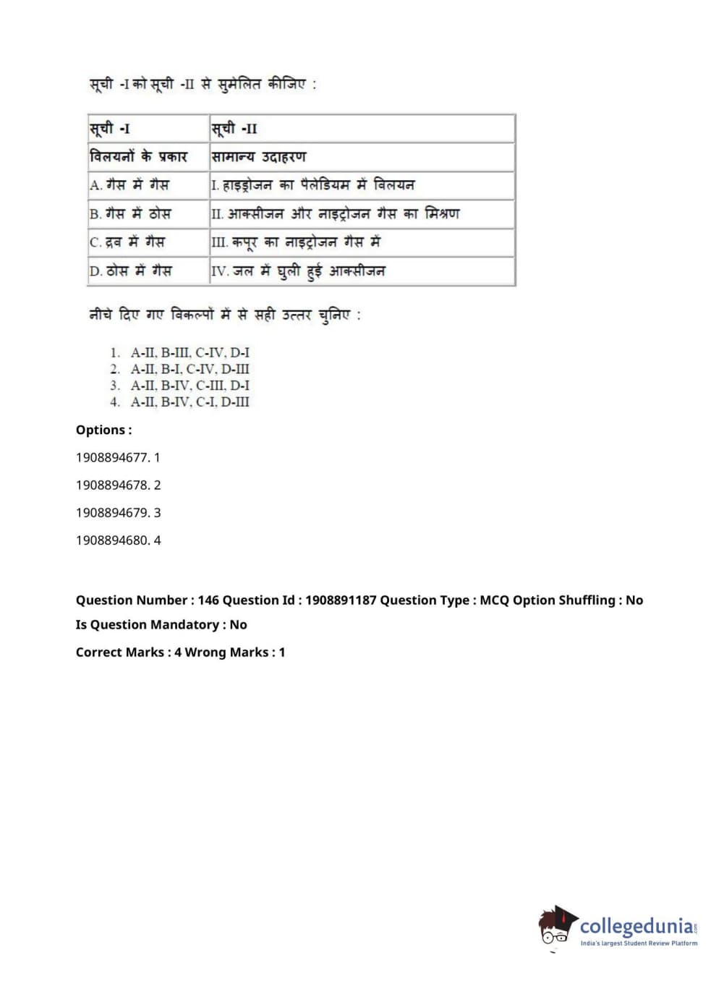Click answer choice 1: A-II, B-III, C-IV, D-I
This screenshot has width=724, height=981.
coord(189,353)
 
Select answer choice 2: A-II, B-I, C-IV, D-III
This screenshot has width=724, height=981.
coord(189,369)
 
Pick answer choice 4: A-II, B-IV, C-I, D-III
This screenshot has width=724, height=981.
coord(189,402)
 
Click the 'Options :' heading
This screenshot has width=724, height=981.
coord(104,430)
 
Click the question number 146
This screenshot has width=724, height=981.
coord(208,600)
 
